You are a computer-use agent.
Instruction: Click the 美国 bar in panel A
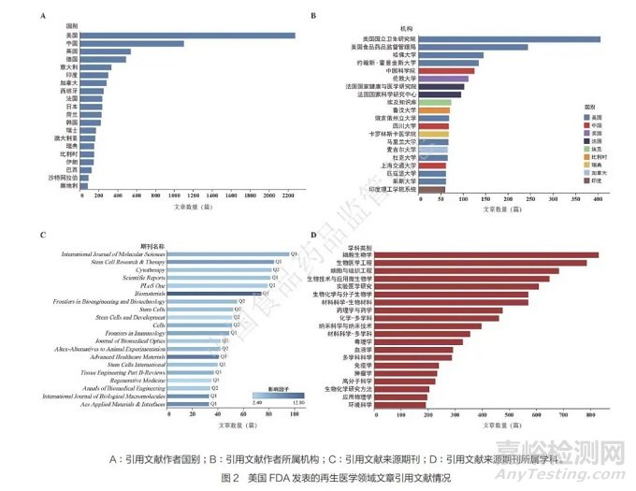(188, 36)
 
